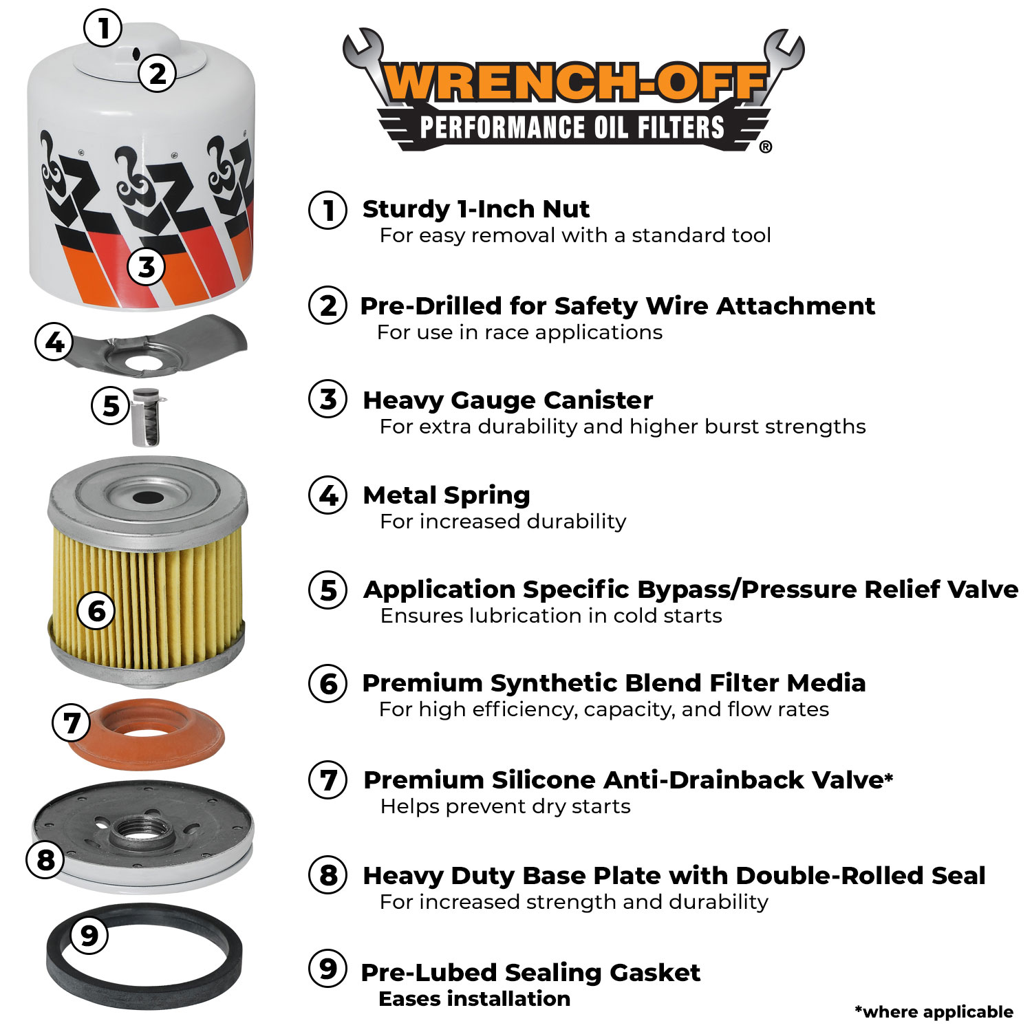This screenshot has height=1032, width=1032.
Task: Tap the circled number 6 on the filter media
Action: pos(96,610)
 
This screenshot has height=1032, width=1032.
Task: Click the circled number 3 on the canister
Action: pos(147,266)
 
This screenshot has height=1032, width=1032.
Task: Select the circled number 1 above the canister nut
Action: pos(103,28)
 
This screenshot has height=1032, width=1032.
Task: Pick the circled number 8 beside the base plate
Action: pos(45,859)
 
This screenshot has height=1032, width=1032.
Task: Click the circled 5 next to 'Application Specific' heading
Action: pos(328,590)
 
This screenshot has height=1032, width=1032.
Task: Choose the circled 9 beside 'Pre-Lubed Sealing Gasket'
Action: pos(328,969)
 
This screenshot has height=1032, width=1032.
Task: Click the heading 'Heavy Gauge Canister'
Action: pos(508,400)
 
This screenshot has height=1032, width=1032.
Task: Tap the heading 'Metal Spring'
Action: pos(447,495)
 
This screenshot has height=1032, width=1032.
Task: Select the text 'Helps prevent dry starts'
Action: pos(505,806)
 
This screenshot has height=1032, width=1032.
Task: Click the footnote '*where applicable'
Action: pos(934,1011)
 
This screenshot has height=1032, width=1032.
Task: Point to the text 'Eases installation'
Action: pos(474,998)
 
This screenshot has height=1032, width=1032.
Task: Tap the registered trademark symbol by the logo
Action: pos(765,147)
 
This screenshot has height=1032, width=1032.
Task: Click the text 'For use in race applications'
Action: pos(519,332)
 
